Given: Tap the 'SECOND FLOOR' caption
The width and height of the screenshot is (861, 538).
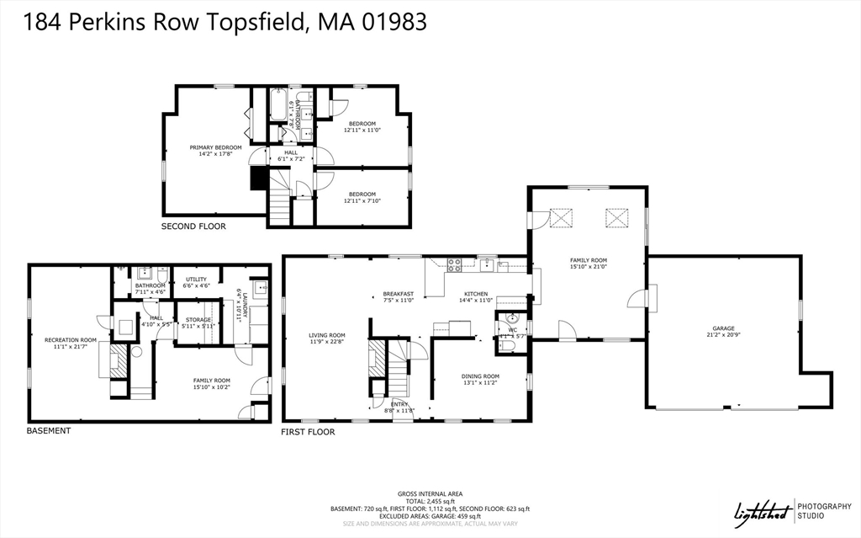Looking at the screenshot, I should [193, 226].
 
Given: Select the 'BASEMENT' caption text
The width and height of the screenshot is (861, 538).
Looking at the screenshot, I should [49, 430].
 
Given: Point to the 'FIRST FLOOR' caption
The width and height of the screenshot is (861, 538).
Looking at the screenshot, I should [308, 432].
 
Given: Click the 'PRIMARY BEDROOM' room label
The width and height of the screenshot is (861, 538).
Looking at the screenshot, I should [215, 147].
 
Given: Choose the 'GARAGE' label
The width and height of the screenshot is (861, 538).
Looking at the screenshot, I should [723, 328].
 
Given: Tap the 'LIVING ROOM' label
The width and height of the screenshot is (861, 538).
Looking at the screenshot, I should [326, 335].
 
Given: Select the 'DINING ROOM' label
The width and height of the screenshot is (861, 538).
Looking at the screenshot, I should [480, 376].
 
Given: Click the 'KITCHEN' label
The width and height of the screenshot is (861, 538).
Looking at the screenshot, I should [475, 294].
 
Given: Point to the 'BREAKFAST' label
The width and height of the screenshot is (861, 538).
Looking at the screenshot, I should [399, 294].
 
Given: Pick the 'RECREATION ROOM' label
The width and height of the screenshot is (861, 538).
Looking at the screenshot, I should [71, 340].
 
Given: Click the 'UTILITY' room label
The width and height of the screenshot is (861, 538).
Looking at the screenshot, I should [196, 280].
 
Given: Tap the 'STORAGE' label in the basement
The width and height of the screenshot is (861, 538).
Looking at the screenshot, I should [198, 320].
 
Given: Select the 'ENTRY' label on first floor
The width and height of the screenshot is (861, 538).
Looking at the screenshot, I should [399, 404].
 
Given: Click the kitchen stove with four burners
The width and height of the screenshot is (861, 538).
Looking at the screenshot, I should [454, 264].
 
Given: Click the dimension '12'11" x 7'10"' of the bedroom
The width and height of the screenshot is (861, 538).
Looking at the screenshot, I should [362, 200].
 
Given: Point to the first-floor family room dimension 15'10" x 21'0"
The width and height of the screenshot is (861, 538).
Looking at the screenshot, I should [589, 267].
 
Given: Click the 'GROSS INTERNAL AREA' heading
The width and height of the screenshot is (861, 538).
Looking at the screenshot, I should [430, 493].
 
